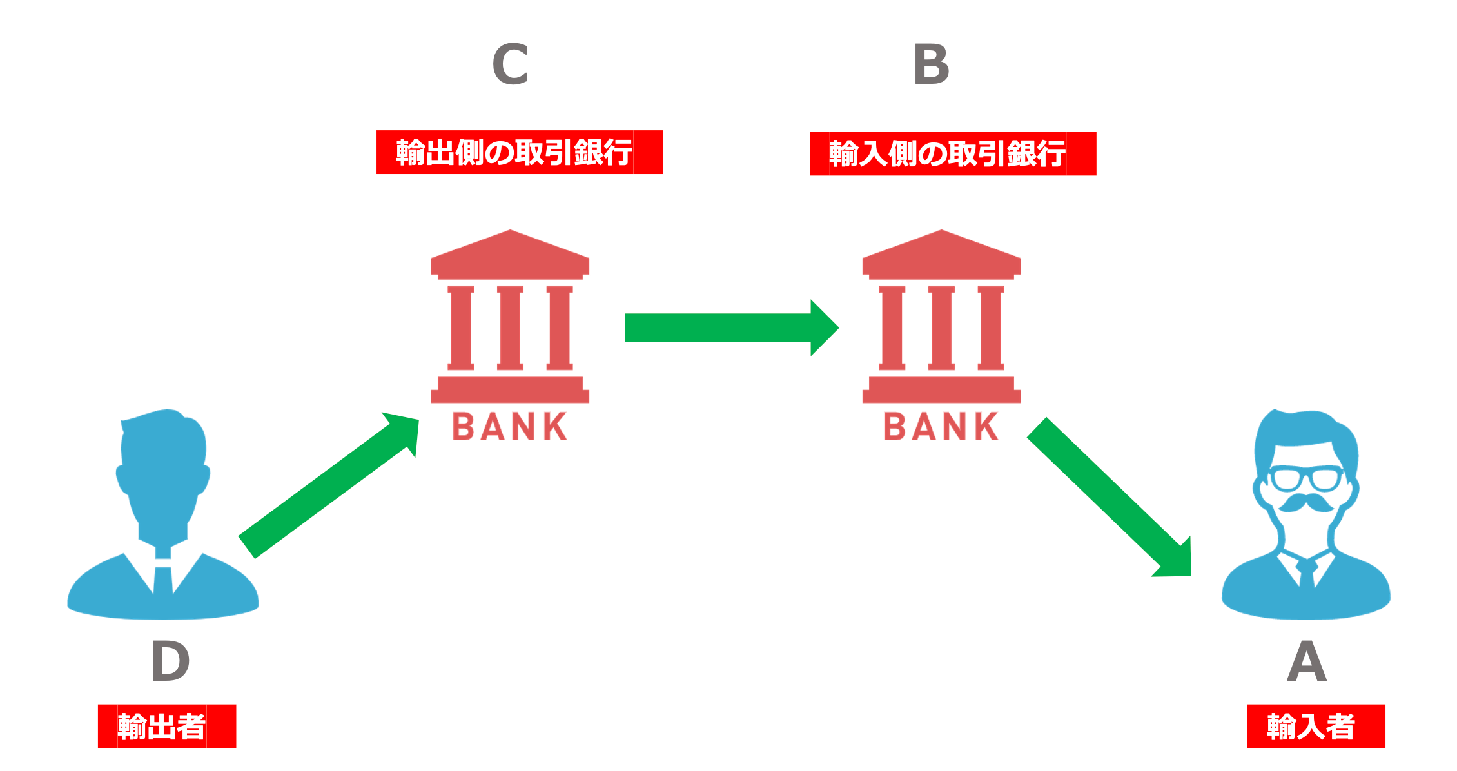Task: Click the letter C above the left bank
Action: [x=510, y=64]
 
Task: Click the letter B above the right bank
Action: [x=932, y=64]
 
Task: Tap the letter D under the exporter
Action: [x=170, y=661]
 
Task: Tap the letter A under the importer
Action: [x=1307, y=661]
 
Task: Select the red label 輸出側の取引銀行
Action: [x=519, y=152]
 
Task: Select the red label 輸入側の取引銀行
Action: [x=952, y=153]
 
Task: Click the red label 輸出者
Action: [x=166, y=726]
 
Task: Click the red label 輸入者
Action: [x=1315, y=726]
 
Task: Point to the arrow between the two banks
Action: [x=728, y=327]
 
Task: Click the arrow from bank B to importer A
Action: [x=1109, y=496]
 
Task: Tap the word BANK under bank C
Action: [x=509, y=427]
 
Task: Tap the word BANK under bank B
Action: [x=941, y=427]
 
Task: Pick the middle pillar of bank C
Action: [x=510, y=328]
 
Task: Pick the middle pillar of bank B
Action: [x=941, y=328]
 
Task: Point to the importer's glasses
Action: [x=1305, y=479]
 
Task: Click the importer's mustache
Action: [x=1306, y=503]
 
